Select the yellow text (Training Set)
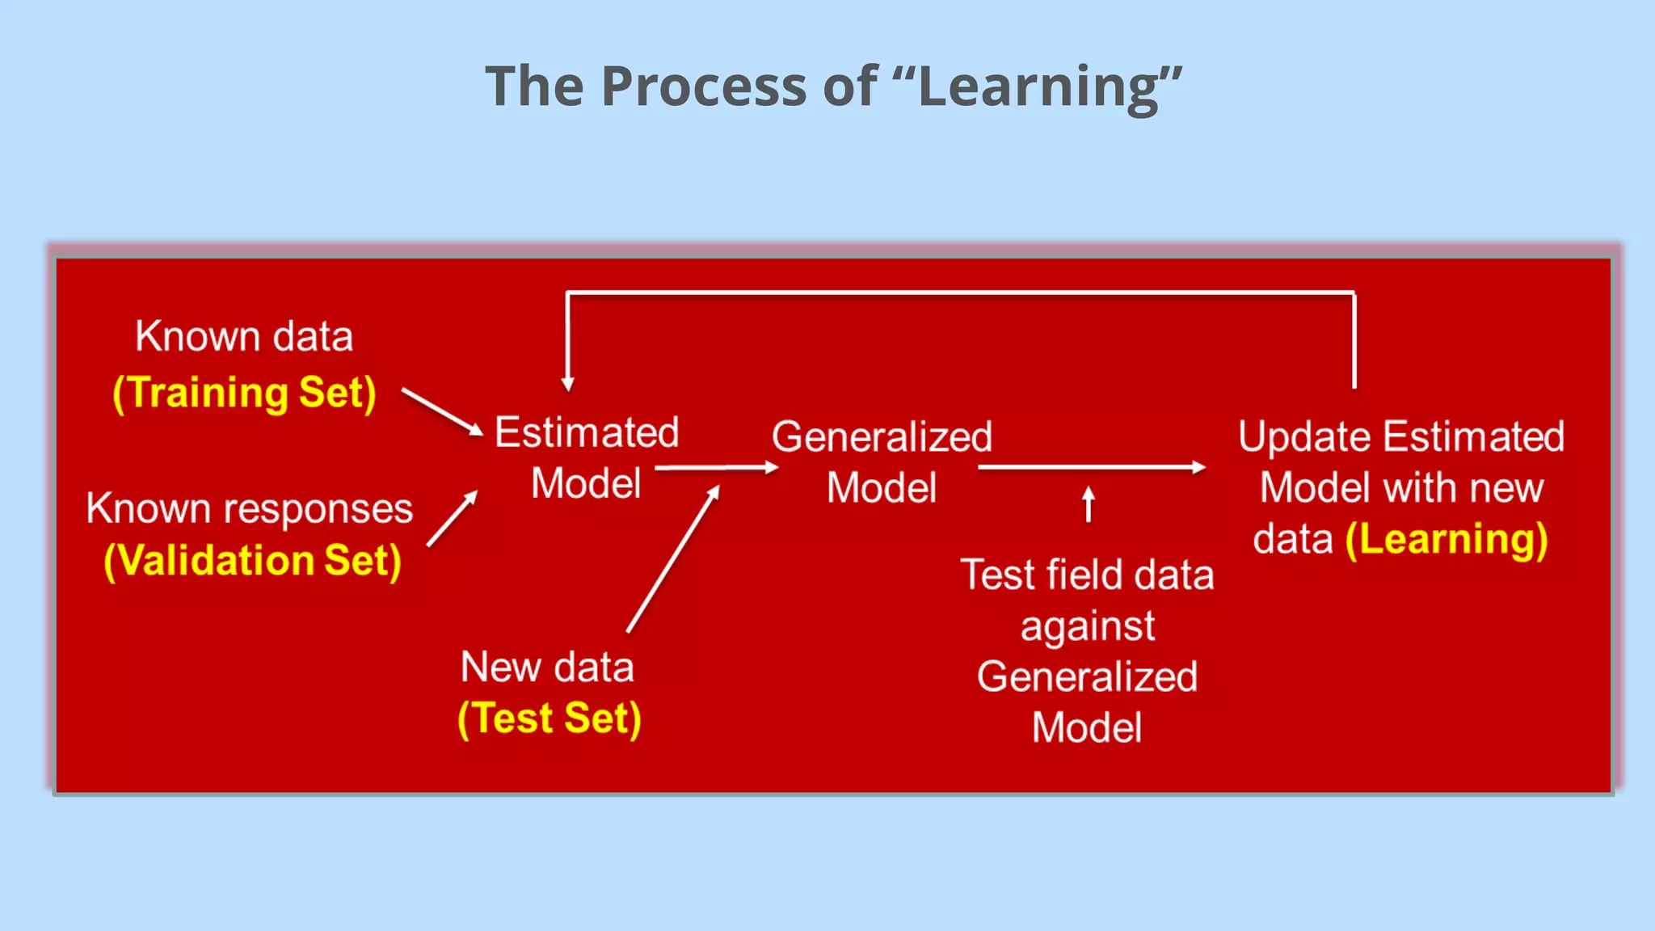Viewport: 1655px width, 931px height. point(245,393)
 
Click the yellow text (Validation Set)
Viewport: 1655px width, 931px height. point(253,560)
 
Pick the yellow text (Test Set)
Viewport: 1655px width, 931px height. point(550,718)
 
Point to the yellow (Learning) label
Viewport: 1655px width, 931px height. point(1447,539)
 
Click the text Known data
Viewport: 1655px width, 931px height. point(244,336)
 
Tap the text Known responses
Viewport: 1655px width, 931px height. point(250,509)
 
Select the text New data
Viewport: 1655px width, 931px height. point(547,668)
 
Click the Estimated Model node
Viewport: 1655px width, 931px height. point(587,457)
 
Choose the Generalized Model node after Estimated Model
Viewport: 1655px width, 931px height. point(882,462)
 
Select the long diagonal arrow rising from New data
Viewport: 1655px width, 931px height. point(672,559)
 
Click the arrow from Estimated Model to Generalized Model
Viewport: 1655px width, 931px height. point(716,467)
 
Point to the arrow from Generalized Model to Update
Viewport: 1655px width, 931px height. point(1091,467)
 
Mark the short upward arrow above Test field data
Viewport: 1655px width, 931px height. point(1089,504)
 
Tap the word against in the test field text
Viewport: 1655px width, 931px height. point(1088,626)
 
